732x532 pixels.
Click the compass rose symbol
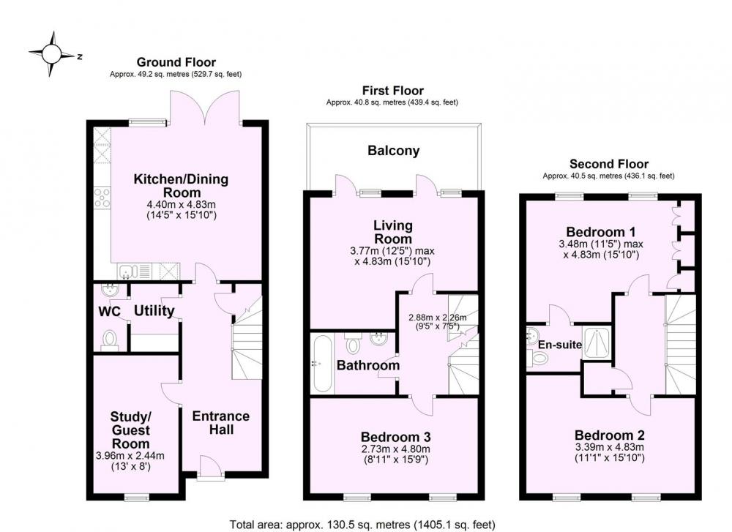[52, 54]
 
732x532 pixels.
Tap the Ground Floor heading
[176, 62]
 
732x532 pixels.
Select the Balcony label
[394, 151]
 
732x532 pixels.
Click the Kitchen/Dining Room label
[181, 186]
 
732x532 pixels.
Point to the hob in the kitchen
[102, 198]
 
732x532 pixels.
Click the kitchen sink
[128, 271]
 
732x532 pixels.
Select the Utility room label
[154, 311]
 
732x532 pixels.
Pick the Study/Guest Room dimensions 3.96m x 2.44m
[130, 456]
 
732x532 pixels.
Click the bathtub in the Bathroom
[322, 364]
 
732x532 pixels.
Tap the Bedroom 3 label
[395, 438]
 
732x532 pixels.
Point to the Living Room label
[393, 232]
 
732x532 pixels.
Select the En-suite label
[560, 345]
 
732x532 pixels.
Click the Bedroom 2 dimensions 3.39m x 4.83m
[609, 447]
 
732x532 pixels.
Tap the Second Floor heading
[609, 164]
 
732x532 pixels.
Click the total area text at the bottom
[362, 525]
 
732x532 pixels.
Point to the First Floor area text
[392, 102]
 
